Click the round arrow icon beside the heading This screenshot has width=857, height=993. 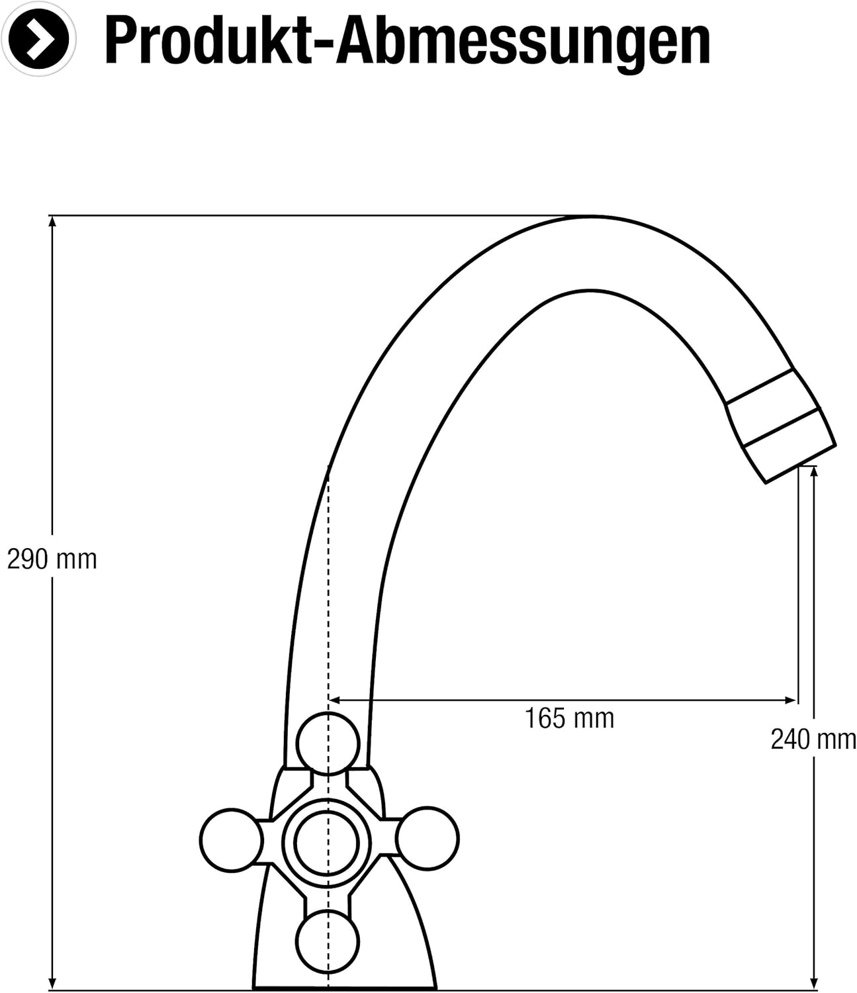click(x=39, y=39)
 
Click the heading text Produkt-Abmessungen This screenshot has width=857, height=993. click(x=407, y=41)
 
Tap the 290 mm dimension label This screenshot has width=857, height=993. click(x=52, y=559)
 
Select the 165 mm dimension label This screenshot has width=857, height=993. click(x=569, y=718)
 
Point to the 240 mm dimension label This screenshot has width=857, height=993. click(x=813, y=739)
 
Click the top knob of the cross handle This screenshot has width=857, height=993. click(x=328, y=743)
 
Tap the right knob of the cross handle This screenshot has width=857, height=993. click(x=428, y=838)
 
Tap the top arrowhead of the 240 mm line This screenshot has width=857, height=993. click(x=813, y=471)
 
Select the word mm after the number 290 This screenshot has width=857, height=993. click(x=77, y=559)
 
